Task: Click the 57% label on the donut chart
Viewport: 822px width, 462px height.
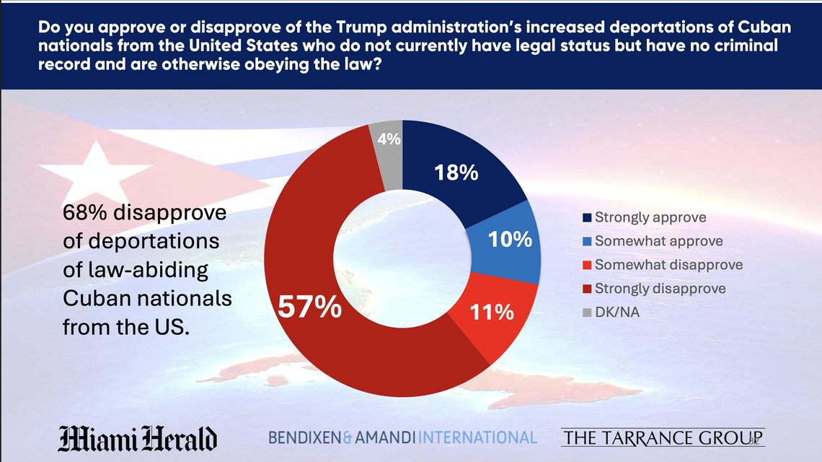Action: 309,307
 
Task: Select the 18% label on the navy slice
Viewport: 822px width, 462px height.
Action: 456,173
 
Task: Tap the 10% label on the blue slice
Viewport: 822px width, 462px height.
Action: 510,240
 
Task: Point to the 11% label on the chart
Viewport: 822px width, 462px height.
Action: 492,312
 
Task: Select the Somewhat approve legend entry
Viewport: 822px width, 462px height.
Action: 658,241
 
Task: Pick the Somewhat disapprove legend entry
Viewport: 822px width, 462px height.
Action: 668,265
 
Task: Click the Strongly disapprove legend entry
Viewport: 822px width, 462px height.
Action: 660,288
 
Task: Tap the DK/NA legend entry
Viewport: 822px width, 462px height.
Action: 618,312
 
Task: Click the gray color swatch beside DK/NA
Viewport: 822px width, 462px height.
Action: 587,313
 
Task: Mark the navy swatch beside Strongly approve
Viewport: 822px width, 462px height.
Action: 587,218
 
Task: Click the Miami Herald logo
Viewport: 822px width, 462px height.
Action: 137,438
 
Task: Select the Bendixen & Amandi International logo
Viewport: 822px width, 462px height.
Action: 402,437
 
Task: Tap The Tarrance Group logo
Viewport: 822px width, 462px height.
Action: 663,437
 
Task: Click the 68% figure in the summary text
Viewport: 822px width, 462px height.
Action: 86,214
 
